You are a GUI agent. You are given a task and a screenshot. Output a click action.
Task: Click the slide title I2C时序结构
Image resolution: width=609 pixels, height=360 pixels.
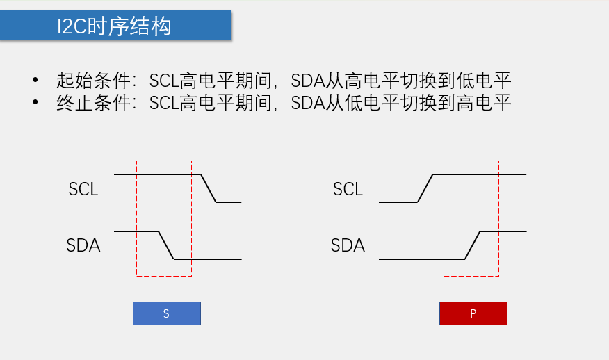pos(115,26)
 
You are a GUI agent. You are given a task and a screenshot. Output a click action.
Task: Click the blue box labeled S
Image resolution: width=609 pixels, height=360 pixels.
pos(167,313)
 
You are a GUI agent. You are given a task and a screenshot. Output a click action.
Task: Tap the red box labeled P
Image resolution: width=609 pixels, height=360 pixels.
pos(473,313)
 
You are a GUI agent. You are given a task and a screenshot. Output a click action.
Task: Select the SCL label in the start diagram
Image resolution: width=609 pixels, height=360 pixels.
pos(83,189)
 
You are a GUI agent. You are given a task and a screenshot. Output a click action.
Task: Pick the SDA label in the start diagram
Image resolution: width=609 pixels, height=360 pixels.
pos(83,245)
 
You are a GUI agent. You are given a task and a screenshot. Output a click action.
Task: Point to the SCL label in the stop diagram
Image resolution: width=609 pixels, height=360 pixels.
pos(348,189)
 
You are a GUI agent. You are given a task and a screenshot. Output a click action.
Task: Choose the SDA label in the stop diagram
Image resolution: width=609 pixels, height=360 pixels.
pos(348,245)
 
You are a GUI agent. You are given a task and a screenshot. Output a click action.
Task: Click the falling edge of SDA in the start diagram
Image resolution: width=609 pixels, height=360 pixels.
pos(166,245)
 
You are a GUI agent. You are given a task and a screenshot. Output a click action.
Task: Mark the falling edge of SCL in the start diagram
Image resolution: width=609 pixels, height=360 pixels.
pos(209,188)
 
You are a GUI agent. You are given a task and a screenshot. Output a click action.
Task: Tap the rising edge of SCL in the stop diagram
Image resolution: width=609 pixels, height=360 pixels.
pos(425,188)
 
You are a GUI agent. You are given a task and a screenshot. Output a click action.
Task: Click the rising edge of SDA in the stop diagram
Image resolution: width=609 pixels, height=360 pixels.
pos(473,245)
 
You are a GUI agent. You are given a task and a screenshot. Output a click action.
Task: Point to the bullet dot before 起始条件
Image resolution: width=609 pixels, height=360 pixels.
pos(35,80)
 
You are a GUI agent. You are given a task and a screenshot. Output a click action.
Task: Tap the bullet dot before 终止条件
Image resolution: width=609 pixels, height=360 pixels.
pos(35,104)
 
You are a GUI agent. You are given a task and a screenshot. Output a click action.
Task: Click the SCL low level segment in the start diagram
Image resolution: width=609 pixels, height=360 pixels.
pos(229,202)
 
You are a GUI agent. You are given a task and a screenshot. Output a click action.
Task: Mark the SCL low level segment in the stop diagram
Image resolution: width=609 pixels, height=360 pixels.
pos(398,202)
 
